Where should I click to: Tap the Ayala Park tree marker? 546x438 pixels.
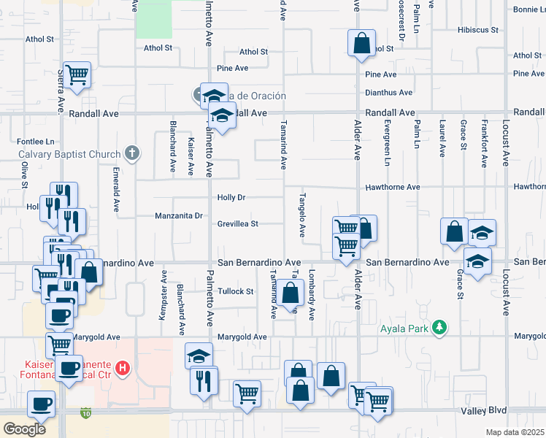tap(439, 328)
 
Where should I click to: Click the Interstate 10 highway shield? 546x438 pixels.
tap(87, 412)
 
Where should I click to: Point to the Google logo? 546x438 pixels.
tap(24, 429)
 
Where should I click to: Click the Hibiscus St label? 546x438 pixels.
tap(477, 31)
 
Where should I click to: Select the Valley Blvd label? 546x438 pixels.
tap(484, 412)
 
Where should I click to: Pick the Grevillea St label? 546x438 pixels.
tap(238, 224)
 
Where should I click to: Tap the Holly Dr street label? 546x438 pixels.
tap(231, 198)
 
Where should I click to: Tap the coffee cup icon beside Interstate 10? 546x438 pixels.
tap(41, 404)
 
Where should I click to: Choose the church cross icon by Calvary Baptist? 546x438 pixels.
tap(131, 153)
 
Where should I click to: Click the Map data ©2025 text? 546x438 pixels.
tap(515, 432)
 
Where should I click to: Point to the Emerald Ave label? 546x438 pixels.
tap(116, 190)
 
